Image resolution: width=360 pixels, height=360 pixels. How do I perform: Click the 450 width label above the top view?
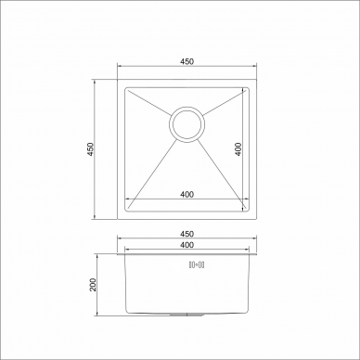tap(186, 61)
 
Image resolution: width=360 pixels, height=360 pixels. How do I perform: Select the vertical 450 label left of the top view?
tap(90, 149)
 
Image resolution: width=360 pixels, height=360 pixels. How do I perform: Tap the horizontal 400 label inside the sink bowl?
tap(186, 194)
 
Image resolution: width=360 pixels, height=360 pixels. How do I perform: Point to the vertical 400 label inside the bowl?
tap(238, 149)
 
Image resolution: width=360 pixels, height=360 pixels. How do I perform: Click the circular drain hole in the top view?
tap(186, 124)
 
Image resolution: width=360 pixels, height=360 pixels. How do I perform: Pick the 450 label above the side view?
tap(186, 234)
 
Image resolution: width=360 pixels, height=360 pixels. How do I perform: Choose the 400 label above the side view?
tap(186, 245)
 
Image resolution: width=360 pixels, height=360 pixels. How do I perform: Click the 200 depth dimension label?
tap(93, 285)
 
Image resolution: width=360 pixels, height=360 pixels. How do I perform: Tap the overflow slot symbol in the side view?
tap(197, 264)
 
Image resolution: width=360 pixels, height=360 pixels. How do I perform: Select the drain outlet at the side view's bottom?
tap(186, 315)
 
